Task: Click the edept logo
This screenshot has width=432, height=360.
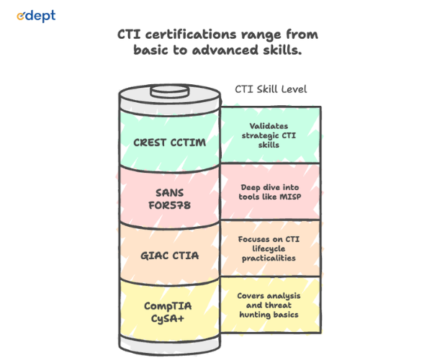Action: tap(36, 16)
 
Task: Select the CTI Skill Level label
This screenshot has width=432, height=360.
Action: tap(271, 89)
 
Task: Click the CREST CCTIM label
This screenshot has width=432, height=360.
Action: tap(169, 142)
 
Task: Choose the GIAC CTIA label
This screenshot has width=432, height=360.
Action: tap(169, 253)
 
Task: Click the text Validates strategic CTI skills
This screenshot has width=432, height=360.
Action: tap(270, 135)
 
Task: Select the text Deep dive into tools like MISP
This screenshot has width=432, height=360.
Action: tap(270, 192)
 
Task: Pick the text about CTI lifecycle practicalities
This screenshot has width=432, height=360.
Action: tap(270, 248)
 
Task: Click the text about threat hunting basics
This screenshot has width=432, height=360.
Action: tap(270, 305)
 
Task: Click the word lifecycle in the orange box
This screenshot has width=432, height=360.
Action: tap(270, 248)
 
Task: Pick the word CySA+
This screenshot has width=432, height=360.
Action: tap(170, 318)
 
